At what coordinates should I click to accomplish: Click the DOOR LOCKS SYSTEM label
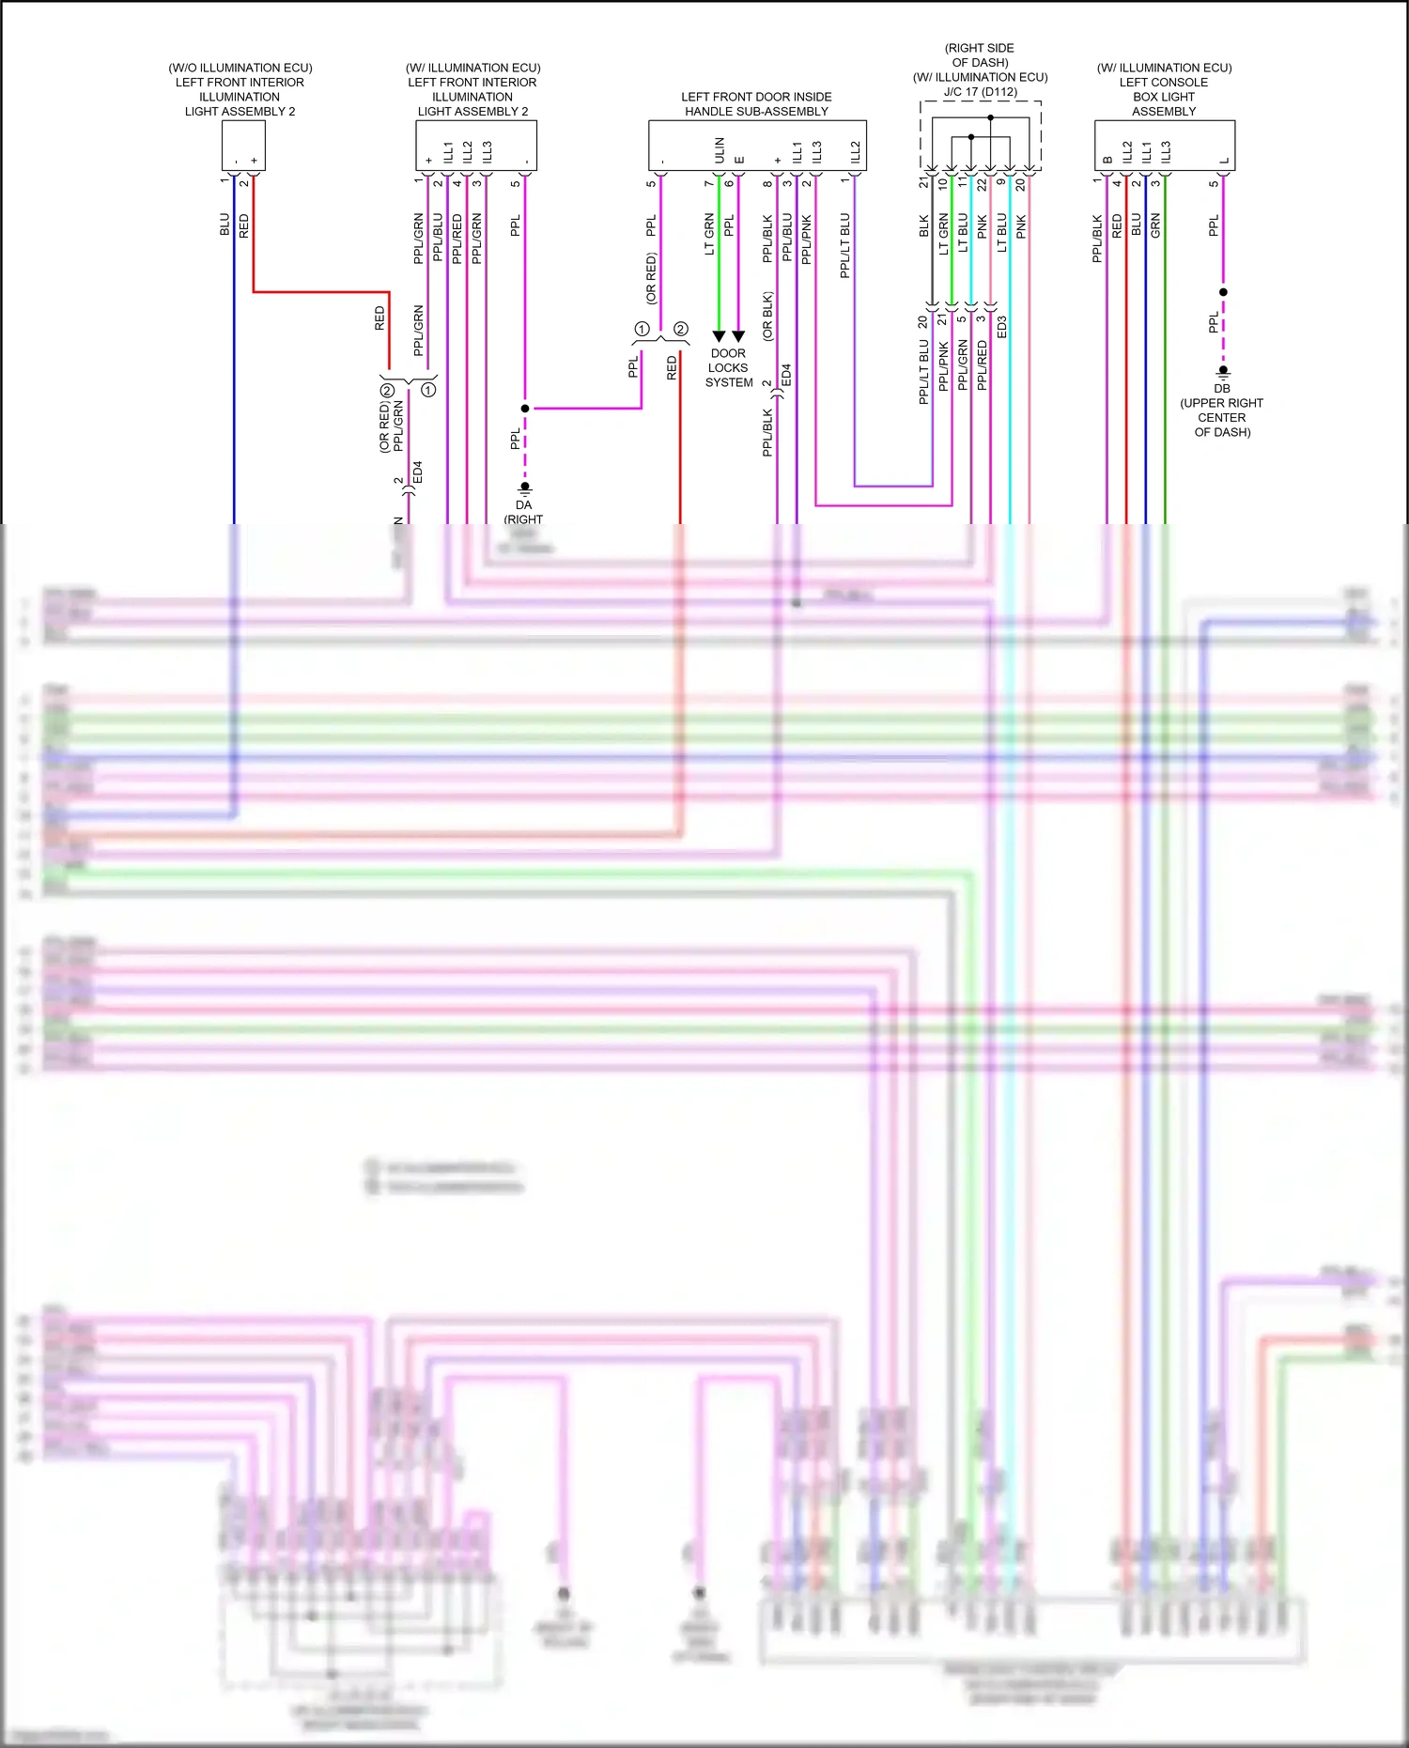[729, 368]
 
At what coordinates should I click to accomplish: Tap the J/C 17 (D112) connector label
[980, 92]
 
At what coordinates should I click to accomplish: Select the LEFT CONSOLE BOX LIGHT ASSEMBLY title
[1164, 96]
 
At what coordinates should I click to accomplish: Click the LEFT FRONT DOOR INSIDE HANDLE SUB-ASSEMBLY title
[756, 103]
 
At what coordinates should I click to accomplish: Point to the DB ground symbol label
[1221, 388]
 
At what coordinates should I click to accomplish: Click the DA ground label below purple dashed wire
[523, 505]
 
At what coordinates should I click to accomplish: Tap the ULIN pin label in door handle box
[720, 150]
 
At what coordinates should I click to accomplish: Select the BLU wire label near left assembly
[225, 224]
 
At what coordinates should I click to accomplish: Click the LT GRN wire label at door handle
[709, 235]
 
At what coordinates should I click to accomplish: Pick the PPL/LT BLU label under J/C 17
[923, 372]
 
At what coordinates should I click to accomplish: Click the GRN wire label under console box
[1156, 224]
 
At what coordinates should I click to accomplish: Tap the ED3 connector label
[1002, 327]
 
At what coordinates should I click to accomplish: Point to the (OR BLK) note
[767, 316]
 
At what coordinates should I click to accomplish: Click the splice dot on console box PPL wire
[1223, 292]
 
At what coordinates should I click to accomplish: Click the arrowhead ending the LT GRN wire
[719, 336]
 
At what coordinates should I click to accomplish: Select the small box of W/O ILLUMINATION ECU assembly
[243, 146]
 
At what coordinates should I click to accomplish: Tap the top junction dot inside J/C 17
[990, 118]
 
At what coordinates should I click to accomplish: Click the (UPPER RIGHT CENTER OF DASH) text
[1221, 417]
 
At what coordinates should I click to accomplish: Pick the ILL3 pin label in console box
[1166, 151]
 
